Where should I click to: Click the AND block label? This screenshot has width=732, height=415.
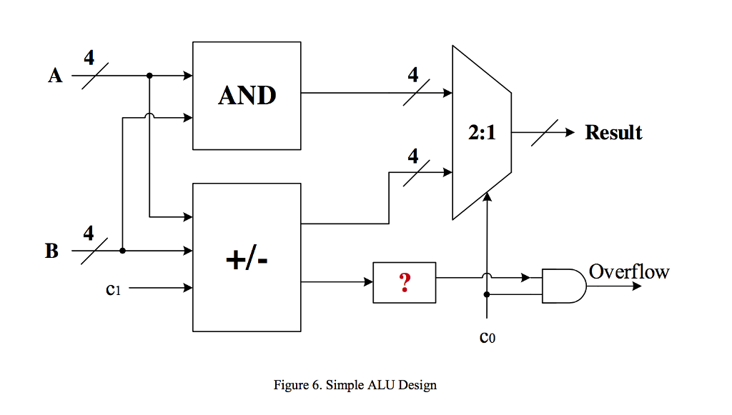pos(247,95)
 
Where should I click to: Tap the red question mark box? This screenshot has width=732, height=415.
pos(404,283)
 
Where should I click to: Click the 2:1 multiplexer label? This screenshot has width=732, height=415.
pos(482,133)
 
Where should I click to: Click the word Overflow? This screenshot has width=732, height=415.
pos(629,271)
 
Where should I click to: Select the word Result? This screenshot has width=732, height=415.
pos(613,133)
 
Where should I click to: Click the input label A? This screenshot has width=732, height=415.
pos(55,76)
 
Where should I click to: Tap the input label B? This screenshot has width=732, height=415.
pos(52,251)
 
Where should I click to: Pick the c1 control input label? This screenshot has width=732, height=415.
pos(112,289)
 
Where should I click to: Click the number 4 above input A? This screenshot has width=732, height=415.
pos(89,58)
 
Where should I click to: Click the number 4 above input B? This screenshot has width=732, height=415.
pos(89,234)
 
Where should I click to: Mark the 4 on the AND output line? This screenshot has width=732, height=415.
pos(413,75)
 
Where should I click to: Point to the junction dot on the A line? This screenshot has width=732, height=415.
pos(149,75)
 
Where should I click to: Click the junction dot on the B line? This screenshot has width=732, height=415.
pos(123,251)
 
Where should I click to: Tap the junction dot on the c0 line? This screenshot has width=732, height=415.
pos(487,294)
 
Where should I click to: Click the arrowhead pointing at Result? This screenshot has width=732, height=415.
pos(570,133)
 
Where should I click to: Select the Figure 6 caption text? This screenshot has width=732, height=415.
pos(355,385)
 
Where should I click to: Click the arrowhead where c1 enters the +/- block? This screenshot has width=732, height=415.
pos(189,289)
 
